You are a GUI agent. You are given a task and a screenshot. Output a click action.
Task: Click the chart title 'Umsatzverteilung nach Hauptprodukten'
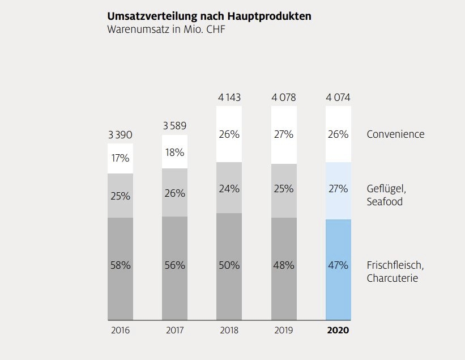pyautogui.click(x=209, y=16)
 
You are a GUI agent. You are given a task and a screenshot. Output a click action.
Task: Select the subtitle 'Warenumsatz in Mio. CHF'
pyautogui.click(x=165, y=29)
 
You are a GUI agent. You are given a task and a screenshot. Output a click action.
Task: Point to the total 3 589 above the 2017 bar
pyautogui.click(x=174, y=126)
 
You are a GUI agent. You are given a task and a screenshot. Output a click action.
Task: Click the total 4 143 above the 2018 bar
pyautogui.click(x=229, y=98)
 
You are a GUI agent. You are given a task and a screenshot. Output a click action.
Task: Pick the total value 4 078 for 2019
pyautogui.click(x=284, y=98)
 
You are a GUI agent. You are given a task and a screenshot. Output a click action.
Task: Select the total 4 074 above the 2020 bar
pyautogui.click(x=338, y=98)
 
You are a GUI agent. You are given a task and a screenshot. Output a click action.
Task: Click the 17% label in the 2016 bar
pyautogui.click(x=120, y=158)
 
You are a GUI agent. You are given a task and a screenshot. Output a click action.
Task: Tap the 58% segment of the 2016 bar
pyautogui.click(x=120, y=265)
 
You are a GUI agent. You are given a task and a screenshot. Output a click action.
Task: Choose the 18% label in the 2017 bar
pyautogui.click(x=174, y=153)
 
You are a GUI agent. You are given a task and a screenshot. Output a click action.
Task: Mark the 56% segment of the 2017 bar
pyautogui.click(x=174, y=265)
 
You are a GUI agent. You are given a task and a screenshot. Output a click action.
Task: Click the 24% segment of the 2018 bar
pyautogui.click(x=229, y=189)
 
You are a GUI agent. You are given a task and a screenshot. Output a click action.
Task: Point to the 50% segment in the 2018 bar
pyautogui.click(x=229, y=265)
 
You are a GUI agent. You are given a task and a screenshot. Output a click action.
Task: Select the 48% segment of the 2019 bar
pyautogui.click(x=284, y=265)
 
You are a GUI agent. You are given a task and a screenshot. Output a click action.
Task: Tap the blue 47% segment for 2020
pyautogui.click(x=338, y=265)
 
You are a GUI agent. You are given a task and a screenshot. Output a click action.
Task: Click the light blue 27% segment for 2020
pyautogui.click(x=338, y=189)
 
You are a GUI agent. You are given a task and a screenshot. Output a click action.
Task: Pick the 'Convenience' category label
pyautogui.click(x=395, y=134)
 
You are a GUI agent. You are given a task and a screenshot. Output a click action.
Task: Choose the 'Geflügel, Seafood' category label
pyautogui.click(x=387, y=195)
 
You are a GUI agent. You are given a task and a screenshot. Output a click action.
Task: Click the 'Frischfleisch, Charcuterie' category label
pyautogui.click(x=395, y=271)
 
